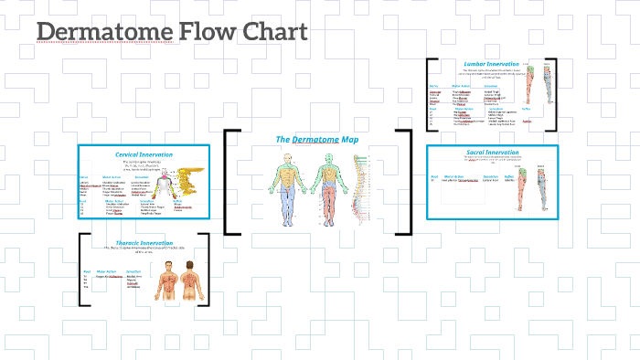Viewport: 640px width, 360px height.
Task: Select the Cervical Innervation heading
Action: tap(144, 155)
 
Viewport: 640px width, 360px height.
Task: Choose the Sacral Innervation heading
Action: tap(490, 152)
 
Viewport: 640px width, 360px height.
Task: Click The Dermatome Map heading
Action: tap(316, 140)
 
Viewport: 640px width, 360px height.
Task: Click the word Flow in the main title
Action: tap(202, 32)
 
